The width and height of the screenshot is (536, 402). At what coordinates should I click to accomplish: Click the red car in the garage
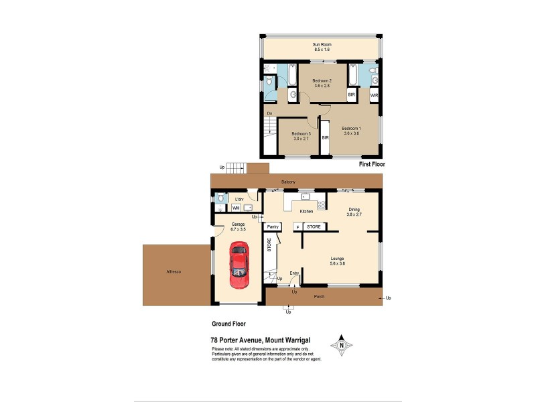pyautogui.click(x=238, y=265)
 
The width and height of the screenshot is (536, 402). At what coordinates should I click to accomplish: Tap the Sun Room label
pyautogui.click(x=322, y=45)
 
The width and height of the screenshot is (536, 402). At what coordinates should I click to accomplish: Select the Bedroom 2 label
pyautogui.click(x=322, y=81)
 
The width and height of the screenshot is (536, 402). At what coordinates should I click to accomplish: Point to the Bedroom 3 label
pyautogui.click(x=301, y=134)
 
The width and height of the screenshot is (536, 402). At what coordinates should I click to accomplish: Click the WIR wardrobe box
pyautogui.click(x=374, y=96)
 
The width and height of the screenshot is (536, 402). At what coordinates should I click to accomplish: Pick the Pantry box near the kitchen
pyautogui.click(x=273, y=227)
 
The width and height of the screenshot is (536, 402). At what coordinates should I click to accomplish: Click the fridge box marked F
pyautogui.click(x=297, y=227)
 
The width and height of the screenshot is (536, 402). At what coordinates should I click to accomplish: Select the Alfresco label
pyautogui.click(x=175, y=271)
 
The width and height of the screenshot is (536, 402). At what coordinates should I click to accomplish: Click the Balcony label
pyautogui.click(x=288, y=182)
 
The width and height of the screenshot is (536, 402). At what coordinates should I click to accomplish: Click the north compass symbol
pyautogui.click(x=342, y=346)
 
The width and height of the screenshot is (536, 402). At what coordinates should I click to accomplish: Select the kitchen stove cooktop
pyautogui.click(x=322, y=204)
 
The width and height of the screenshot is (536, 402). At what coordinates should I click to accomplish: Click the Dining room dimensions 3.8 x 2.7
pyautogui.click(x=354, y=214)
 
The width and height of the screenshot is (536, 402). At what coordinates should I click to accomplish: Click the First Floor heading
pyautogui.click(x=372, y=163)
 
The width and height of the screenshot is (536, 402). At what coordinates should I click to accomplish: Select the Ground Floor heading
pyautogui.click(x=228, y=323)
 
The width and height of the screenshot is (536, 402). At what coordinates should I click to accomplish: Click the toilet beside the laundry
pyautogui.click(x=221, y=198)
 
